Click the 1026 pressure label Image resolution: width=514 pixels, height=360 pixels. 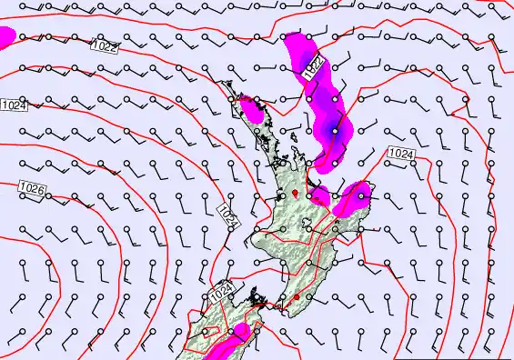(x=31, y=189)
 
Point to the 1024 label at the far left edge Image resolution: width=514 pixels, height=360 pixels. (x=14, y=105)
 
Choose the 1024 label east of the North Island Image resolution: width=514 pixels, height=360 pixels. (x=400, y=153)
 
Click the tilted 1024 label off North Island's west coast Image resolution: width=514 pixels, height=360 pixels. (x=228, y=215)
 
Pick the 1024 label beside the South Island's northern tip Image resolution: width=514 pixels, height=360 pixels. (x=221, y=295)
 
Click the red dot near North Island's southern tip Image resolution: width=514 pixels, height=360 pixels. (x=297, y=297)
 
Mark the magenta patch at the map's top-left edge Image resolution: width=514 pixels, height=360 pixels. (x=5, y=37)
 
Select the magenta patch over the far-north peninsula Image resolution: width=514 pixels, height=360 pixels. (x=252, y=110)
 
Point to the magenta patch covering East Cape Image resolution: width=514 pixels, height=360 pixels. (x=355, y=196)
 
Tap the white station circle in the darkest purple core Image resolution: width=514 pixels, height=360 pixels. (x=335, y=131)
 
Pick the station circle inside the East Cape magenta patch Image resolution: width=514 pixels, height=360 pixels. (x=362, y=195)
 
